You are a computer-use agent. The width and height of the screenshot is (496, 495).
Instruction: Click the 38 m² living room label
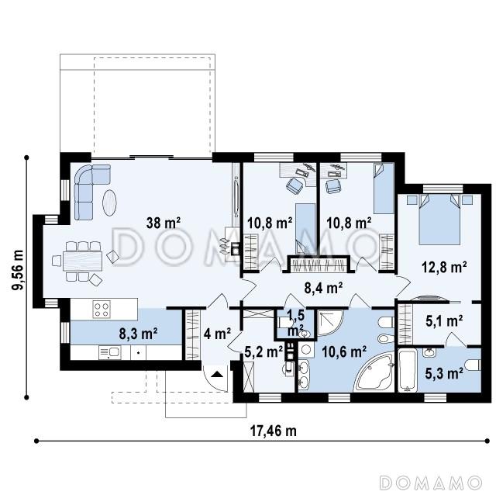tap(164, 223)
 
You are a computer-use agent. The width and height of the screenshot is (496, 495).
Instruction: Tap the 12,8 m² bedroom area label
tap(444, 267)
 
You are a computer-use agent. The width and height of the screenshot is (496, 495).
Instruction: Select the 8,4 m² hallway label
tap(323, 288)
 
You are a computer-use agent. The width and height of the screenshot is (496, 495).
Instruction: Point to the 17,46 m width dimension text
tap(274, 431)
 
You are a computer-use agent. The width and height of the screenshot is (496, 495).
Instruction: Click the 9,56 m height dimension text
tap(17, 269)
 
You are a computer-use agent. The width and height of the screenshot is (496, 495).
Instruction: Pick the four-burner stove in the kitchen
tap(102, 309)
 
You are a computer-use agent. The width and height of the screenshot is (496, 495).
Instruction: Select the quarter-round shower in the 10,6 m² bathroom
tap(329, 322)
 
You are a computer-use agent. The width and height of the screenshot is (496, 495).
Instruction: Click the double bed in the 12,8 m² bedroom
tap(439, 219)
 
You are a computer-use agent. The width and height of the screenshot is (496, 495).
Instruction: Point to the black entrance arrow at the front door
tap(217, 374)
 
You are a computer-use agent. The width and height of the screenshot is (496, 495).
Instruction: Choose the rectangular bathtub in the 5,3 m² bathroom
tap(407, 370)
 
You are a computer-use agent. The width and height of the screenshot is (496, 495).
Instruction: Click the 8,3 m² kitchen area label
tap(139, 334)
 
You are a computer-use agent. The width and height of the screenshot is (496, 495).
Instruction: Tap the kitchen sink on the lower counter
tap(109, 352)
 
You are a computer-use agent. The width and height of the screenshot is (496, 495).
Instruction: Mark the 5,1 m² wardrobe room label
tap(444, 320)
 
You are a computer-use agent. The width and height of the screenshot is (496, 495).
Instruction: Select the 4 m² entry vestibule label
tap(217, 334)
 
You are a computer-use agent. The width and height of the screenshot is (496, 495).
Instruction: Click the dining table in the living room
tap(83, 261)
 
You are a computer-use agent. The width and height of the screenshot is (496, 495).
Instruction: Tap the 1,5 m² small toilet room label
tap(296, 322)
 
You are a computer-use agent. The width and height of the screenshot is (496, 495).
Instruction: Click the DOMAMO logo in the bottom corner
tap(431, 483)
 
